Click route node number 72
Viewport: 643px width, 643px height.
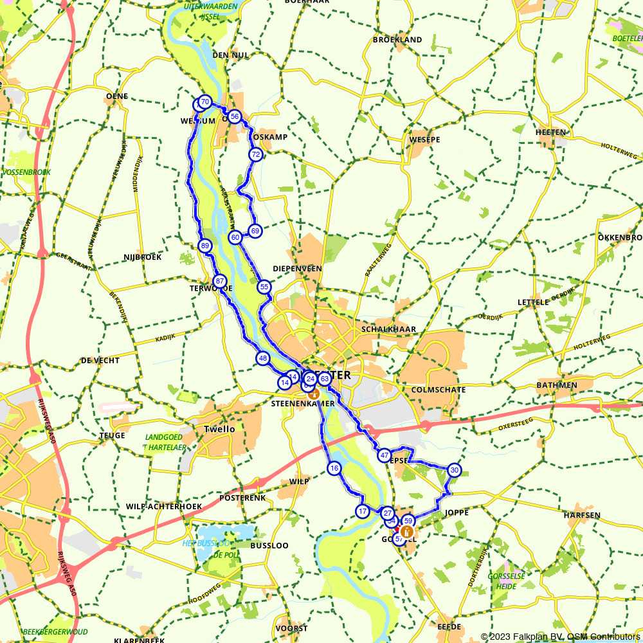coord(256,154)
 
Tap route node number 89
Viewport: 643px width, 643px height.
coord(205,246)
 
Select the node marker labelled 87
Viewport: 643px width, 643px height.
coord(220,281)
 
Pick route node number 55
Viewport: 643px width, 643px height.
coord(264,287)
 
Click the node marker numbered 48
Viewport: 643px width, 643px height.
coord(262,358)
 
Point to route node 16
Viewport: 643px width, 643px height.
coord(333,468)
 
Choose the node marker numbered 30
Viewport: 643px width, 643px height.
coord(454,471)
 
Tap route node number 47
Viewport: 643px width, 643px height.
coord(384,455)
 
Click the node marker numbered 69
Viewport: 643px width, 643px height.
coord(255,230)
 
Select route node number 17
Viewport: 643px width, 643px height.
coord(362,511)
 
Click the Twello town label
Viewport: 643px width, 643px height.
coord(219,429)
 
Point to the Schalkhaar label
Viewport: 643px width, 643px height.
coord(389,329)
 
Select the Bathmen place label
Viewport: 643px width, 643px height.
coord(556,385)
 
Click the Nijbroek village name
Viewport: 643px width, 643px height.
coord(142,257)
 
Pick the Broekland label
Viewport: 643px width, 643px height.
coord(397,40)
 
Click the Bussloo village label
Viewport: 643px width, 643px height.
coord(269,545)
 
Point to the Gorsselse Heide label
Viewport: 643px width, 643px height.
coord(507,581)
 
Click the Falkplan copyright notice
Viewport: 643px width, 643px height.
coord(560,637)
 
